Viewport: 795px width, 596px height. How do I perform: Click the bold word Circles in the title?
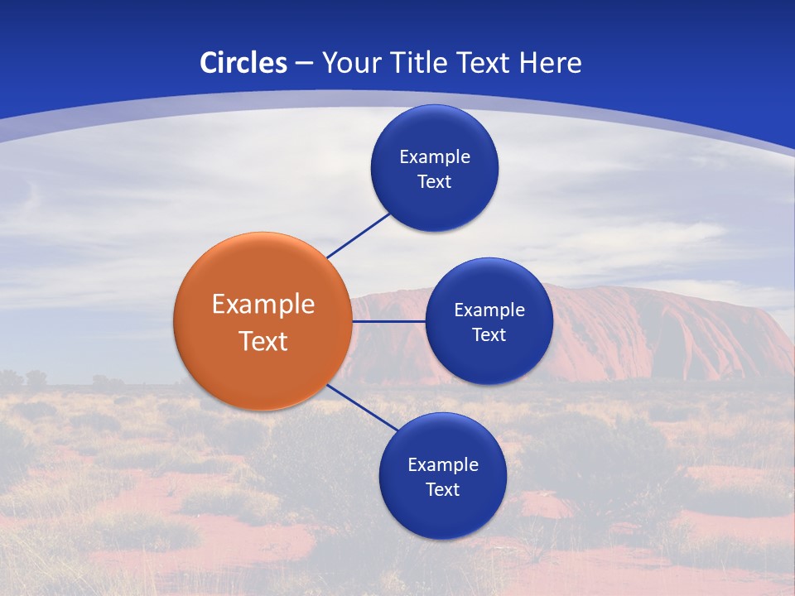pos(243,63)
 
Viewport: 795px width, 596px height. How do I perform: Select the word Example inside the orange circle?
pos(263,304)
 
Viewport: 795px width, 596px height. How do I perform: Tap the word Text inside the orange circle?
pos(263,341)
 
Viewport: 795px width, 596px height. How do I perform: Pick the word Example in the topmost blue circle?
pos(434,156)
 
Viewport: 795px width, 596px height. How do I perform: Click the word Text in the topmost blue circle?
pos(434,181)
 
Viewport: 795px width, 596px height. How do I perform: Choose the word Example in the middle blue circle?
pos(489,310)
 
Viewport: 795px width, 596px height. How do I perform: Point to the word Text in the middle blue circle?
pos(489,334)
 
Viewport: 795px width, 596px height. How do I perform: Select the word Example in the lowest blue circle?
pos(442,464)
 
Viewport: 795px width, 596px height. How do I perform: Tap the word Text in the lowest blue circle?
pos(442,489)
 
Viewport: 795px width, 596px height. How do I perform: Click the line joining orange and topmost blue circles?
pos(358,236)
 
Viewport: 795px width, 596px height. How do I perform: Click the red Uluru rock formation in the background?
pos(662,331)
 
